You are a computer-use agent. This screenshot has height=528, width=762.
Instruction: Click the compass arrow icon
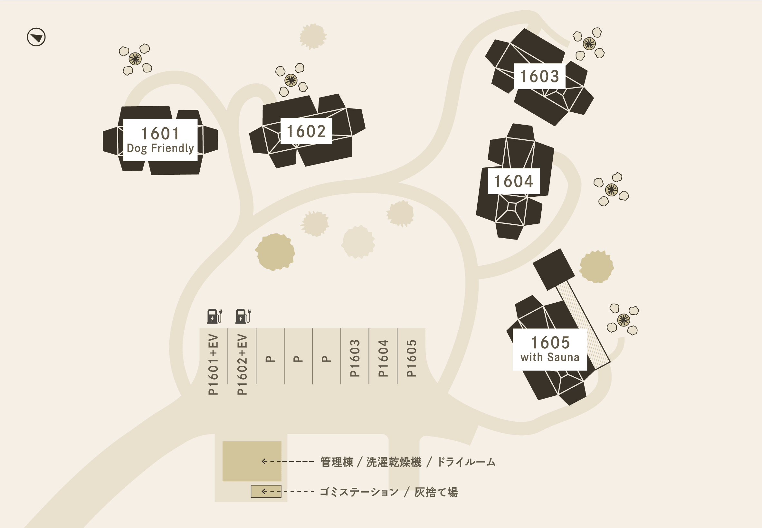36,37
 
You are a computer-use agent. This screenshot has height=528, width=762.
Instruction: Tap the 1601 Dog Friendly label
160,140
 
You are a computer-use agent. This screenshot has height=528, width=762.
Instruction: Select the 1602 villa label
306,131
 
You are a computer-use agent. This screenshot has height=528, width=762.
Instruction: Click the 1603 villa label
539,76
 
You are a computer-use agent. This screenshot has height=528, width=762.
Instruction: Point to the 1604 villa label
513,181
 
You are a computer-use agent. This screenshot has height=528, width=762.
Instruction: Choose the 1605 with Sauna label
550,349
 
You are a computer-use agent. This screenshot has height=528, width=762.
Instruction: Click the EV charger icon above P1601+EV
214,316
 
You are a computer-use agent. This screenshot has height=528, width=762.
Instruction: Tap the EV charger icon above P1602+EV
243,316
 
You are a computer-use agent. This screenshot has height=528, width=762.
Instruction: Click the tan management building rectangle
252,461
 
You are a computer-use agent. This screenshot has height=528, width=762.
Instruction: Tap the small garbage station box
266,491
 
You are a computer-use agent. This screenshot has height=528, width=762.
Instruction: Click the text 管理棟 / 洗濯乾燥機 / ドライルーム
408,462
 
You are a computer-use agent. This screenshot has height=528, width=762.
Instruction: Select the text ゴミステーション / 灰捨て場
389,492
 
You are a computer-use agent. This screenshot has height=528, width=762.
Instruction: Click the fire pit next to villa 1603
589,43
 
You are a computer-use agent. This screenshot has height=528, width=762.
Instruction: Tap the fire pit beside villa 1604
611,190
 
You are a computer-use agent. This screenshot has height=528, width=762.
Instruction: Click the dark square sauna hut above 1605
554,269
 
